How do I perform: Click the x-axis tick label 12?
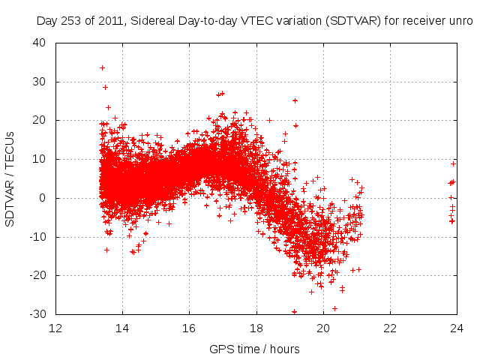point(55,328)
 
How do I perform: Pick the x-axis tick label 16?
point(189,328)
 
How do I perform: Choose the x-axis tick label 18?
point(256,328)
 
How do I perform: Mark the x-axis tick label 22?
point(390,328)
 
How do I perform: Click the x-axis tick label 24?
point(456,328)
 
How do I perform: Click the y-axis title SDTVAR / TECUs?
point(11,178)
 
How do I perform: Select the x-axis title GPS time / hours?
point(256,349)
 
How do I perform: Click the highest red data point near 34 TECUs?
point(102,67)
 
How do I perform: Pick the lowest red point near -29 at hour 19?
point(294,311)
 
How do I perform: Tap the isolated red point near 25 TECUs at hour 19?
point(295,100)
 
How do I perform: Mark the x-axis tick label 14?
point(122,328)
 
